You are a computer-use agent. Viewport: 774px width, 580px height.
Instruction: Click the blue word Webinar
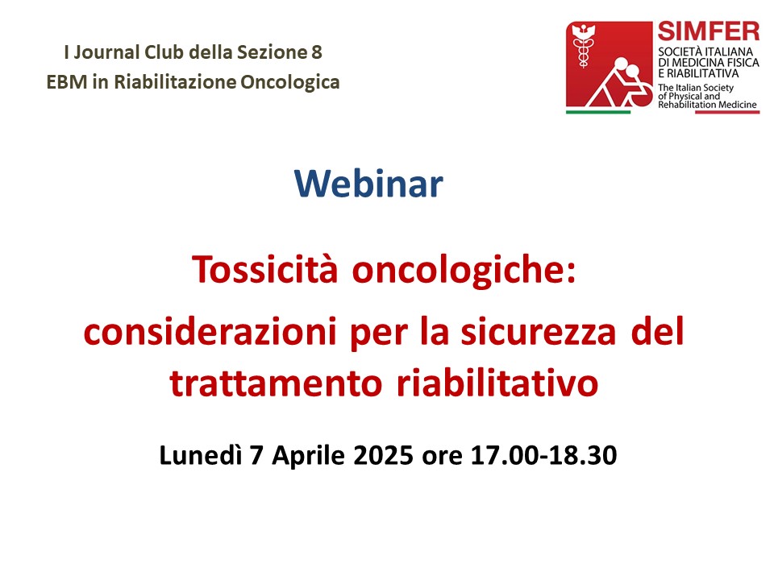(368, 184)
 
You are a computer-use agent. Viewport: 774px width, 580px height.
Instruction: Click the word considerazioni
(210, 331)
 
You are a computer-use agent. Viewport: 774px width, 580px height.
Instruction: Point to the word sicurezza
(539, 331)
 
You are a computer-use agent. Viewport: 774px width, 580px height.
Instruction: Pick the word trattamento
(276, 383)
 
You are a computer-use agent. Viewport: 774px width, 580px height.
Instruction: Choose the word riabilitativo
(497, 382)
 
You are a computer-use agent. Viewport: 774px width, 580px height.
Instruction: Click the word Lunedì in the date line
(201, 454)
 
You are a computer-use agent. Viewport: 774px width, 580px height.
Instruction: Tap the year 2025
(383, 455)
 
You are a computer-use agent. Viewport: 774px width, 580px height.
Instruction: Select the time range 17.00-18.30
(543, 455)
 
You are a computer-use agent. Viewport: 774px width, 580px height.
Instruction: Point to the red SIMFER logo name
(709, 31)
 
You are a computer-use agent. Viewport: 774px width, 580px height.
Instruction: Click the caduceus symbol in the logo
(583, 47)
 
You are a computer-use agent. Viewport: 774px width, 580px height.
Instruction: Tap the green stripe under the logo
(597, 112)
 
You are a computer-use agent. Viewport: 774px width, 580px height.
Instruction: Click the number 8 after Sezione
(316, 52)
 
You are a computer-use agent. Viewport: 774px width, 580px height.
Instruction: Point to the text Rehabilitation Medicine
(707, 105)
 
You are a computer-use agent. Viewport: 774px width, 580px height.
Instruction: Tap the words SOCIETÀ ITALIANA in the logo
(705, 52)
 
